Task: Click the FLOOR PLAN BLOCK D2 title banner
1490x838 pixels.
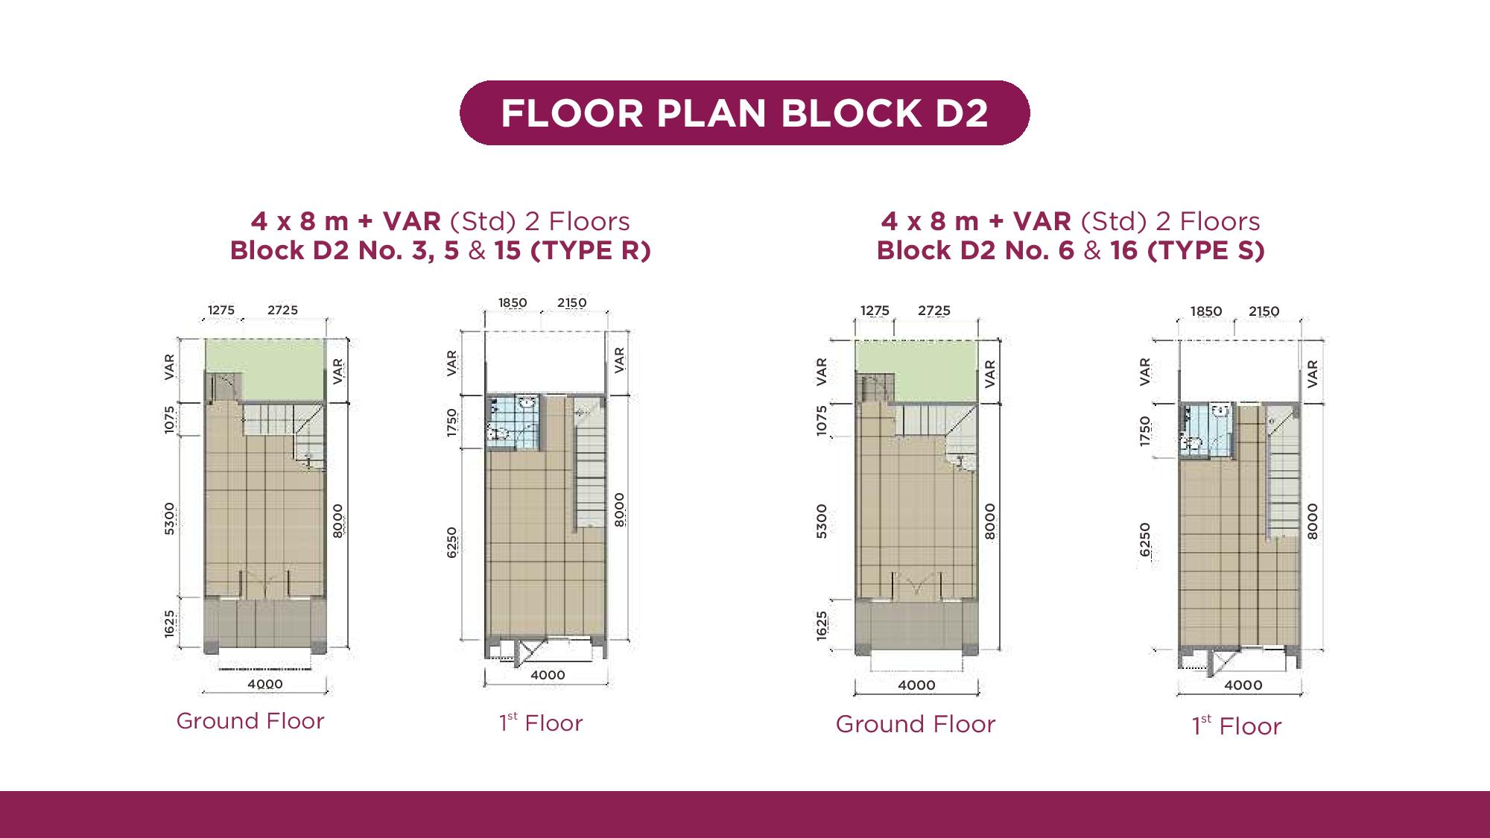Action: tap(745, 112)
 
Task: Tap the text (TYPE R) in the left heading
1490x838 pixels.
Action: tap(591, 251)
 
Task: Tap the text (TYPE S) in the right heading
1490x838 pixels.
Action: tap(1206, 251)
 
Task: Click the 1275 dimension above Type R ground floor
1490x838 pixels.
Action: tap(221, 310)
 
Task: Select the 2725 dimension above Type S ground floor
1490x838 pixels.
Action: tap(934, 311)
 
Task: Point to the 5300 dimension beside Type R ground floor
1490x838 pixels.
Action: tap(170, 518)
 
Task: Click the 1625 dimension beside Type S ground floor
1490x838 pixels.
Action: tap(822, 626)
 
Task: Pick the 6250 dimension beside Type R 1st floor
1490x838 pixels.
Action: tap(452, 542)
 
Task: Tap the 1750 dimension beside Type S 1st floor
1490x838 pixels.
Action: tap(1146, 432)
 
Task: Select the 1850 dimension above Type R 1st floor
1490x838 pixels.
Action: tap(513, 302)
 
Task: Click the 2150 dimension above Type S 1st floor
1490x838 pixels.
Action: tap(1264, 311)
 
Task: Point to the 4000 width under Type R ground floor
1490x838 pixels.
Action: tap(265, 684)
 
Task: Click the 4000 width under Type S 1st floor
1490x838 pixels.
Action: tap(1243, 685)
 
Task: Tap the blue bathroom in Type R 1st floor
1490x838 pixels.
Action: tap(512, 422)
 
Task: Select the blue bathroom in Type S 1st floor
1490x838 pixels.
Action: tap(1205, 431)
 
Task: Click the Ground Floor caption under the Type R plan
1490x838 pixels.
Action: tap(250, 721)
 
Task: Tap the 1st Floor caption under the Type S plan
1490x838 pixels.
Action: tap(1237, 726)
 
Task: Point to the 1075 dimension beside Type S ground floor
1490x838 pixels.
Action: tap(822, 420)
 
